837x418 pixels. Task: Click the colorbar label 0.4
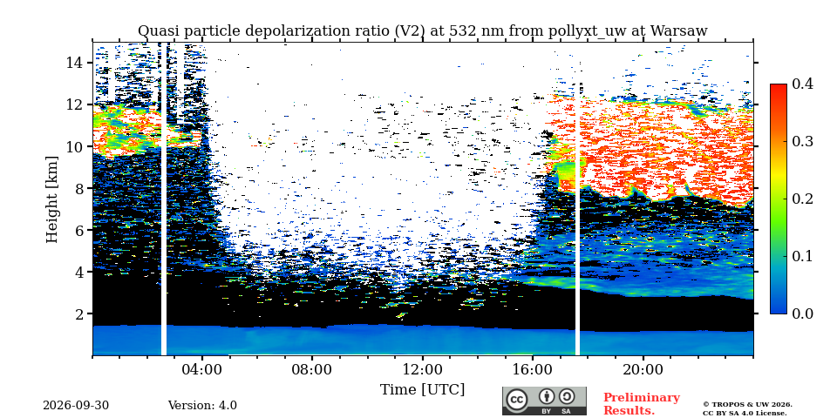pos(802,84)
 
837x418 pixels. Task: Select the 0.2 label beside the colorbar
pos(802,199)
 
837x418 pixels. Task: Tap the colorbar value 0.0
pos(802,313)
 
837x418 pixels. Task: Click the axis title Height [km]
pos(51,199)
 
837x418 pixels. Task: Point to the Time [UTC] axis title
pos(422,390)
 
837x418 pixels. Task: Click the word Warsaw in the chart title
pos(678,31)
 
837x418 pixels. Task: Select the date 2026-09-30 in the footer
pos(76,406)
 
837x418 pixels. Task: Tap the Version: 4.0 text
pos(202,406)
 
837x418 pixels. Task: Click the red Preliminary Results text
pos(642,404)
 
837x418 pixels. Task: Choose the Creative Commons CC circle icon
pos(516,400)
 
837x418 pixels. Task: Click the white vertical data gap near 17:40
pos(577,219)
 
